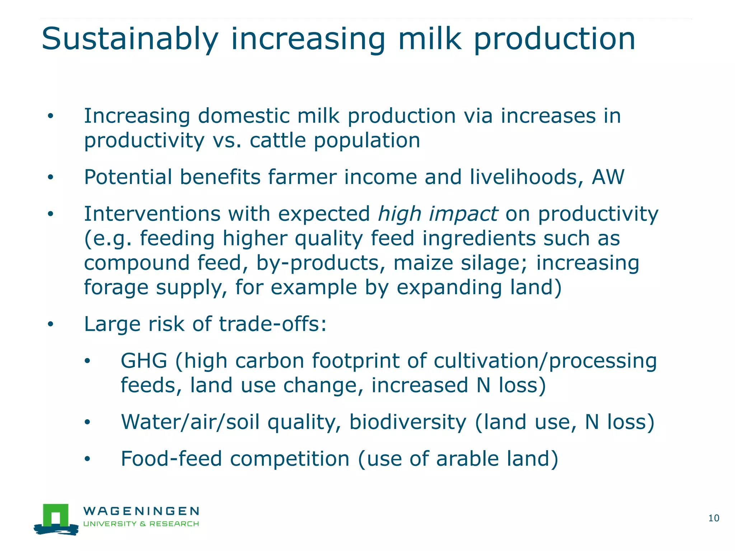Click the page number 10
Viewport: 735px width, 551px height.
click(713, 518)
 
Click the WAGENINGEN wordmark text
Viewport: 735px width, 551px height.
click(141, 511)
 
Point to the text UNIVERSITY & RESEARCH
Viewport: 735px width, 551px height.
click(141, 524)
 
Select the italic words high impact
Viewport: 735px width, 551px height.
click(438, 214)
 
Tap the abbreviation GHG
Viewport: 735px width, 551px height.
click(144, 361)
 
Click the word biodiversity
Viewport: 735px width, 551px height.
click(408, 422)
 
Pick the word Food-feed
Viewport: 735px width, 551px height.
click(171, 459)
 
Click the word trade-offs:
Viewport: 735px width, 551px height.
click(273, 324)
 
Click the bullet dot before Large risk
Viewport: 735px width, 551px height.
click(51, 324)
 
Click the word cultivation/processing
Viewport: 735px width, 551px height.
click(545, 361)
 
